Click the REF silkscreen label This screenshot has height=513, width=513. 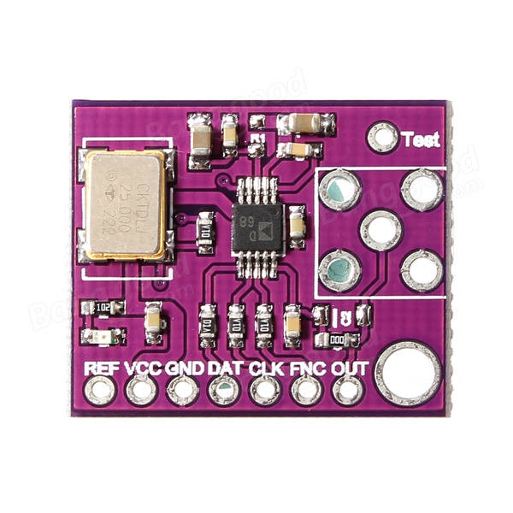point(101,369)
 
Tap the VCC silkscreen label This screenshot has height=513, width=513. point(142,369)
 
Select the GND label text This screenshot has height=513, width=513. point(184,369)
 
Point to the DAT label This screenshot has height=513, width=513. point(224,369)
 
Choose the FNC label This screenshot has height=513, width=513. point(306,369)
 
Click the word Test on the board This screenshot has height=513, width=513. point(420,139)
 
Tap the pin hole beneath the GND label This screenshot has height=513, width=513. point(183,392)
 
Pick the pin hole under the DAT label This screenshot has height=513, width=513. point(224,392)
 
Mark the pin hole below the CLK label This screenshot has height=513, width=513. point(265,392)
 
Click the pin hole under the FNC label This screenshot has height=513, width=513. point(306,392)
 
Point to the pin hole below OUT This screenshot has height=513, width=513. point(347,392)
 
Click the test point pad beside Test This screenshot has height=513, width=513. point(382,137)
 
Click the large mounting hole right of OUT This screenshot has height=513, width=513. point(409,374)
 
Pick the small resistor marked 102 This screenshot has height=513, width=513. point(103,309)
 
